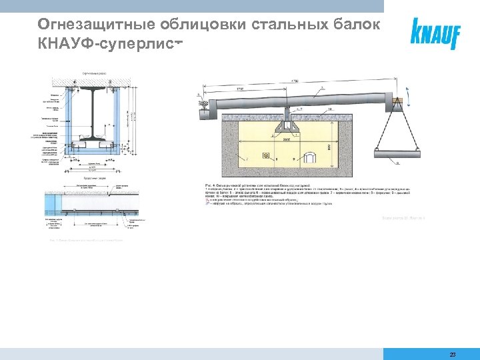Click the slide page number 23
click(453, 355)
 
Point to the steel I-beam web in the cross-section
click(93, 110)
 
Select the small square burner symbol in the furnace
click(267, 156)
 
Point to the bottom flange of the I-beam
click(93, 141)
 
